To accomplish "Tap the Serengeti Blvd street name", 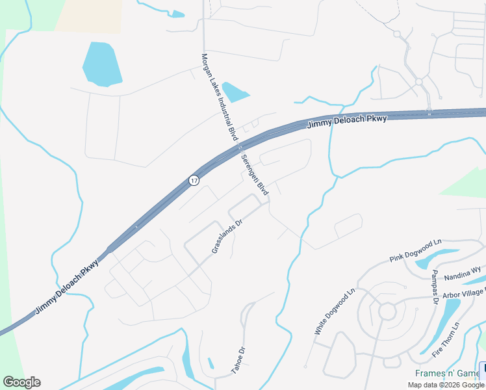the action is (x=254, y=175).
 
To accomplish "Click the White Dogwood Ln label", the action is (x=335, y=311).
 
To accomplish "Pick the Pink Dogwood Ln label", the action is (x=416, y=250).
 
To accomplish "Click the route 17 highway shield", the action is (x=194, y=180).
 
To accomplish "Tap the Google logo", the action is (x=21, y=382).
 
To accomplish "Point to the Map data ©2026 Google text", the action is (x=446, y=385).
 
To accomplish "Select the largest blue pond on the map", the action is (x=102, y=64).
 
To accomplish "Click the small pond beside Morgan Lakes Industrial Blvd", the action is (x=234, y=92).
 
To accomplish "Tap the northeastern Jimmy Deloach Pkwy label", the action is (x=347, y=120).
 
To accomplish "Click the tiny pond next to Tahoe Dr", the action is (x=211, y=363).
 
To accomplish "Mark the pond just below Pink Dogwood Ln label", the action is (x=428, y=262).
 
